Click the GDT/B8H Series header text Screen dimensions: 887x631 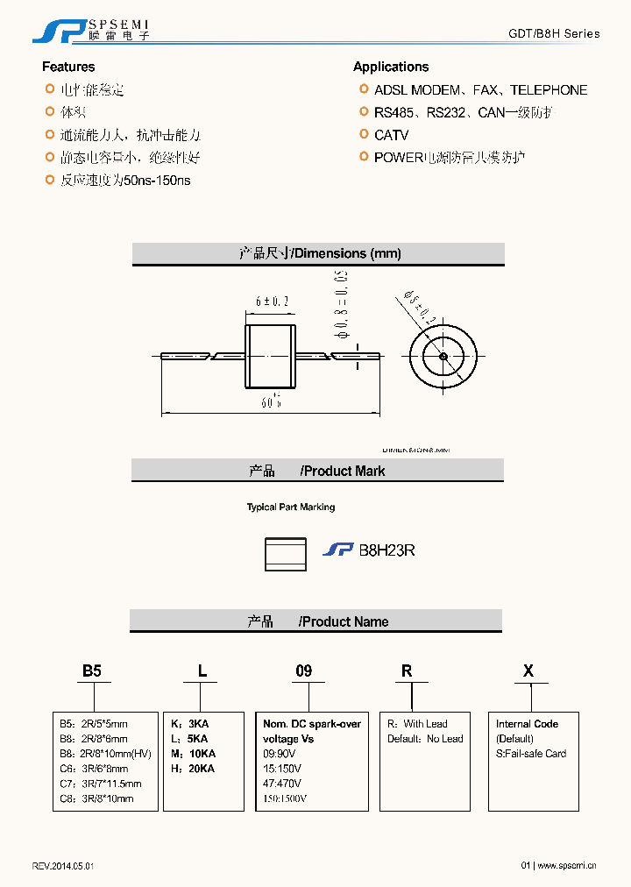coord(554,33)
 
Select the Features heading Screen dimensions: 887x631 coord(68,67)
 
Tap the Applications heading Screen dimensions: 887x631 coord(391,67)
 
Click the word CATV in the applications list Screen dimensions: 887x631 coord(391,135)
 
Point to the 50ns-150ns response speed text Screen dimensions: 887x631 coord(158,181)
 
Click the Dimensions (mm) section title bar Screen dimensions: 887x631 coord(318,253)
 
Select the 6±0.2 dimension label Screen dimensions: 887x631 coord(273,302)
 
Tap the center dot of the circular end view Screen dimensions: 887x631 coord(444,355)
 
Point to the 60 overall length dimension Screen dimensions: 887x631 coord(271,402)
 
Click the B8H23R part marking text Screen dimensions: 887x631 coord(386,550)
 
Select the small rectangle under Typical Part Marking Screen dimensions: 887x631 coord(286,554)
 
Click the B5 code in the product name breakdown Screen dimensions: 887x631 coord(92,671)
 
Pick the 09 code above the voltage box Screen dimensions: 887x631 coord(303,671)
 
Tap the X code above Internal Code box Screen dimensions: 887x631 coord(528,671)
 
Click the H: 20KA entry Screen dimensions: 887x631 coord(195,769)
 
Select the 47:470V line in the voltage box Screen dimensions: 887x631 coord(282,784)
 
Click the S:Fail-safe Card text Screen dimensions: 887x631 coord(531,754)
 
